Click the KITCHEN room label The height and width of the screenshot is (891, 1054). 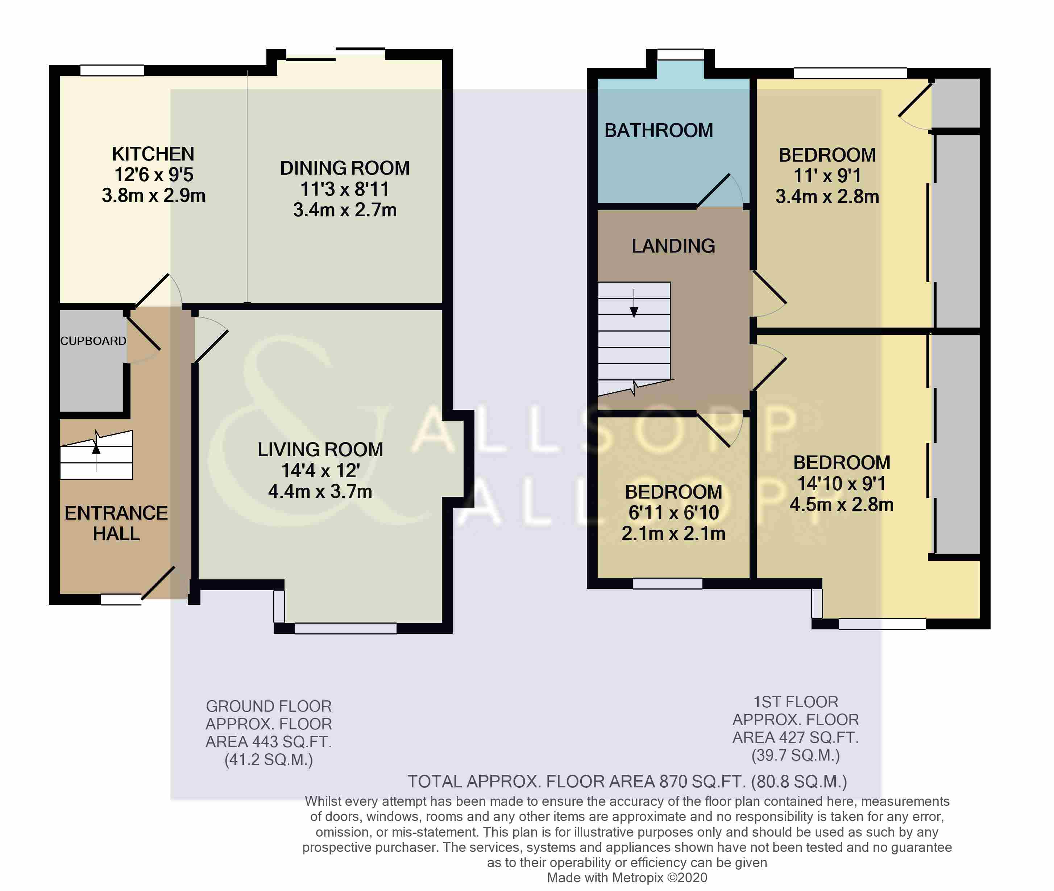pyautogui.click(x=153, y=154)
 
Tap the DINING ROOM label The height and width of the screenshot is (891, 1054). pyautogui.click(x=345, y=168)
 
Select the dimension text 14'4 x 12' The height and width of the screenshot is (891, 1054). pyautogui.click(x=320, y=471)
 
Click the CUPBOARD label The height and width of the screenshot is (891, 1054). pyautogui.click(x=93, y=341)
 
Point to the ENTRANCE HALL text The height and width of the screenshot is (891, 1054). pyautogui.click(x=116, y=523)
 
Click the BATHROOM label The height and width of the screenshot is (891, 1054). pyautogui.click(x=658, y=131)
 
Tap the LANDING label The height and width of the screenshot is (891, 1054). pyautogui.click(x=673, y=246)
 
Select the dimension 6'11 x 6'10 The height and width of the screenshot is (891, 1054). pyautogui.click(x=673, y=513)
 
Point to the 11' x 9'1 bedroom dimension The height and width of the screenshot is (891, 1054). pyautogui.click(x=827, y=176)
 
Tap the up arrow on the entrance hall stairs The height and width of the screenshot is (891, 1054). pyautogui.click(x=96, y=450)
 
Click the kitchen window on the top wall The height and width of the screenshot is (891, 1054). pyautogui.click(x=112, y=71)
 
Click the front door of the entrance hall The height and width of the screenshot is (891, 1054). pyautogui.click(x=158, y=583)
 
